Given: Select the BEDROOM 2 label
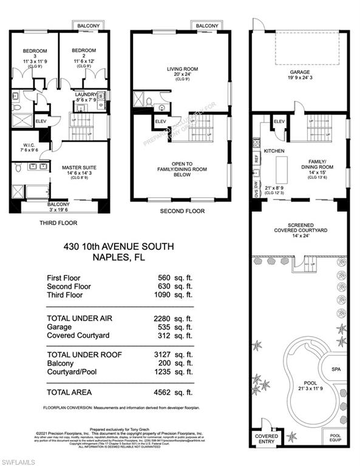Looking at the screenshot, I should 83,51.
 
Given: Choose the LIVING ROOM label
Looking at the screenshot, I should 183,69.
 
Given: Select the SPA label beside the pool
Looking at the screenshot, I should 335,369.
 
